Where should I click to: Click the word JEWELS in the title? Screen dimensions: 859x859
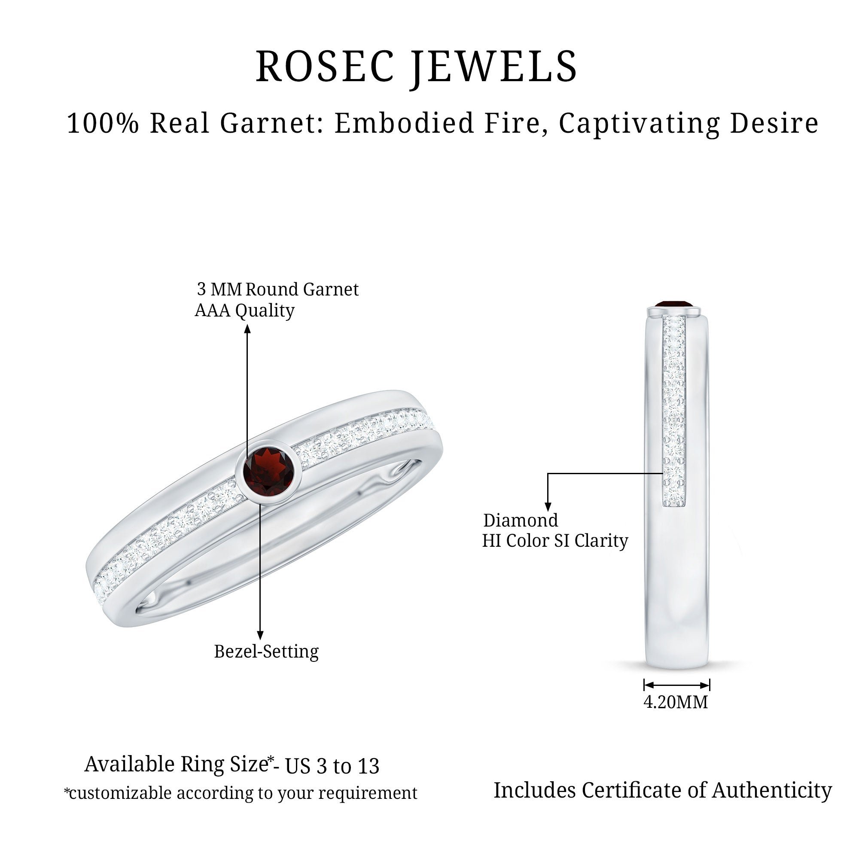click(x=494, y=67)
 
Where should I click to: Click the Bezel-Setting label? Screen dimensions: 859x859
click(x=266, y=652)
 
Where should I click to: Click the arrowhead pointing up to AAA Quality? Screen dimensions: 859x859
click(x=248, y=329)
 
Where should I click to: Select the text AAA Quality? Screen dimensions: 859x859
click(x=244, y=311)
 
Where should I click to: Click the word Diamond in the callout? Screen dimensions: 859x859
click(x=521, y=520)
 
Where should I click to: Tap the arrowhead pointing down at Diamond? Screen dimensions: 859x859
click(x=548, y=506)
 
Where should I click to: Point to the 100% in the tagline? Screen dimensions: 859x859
click(x=103, y=123)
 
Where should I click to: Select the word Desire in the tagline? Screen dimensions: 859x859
click(x=774, y=123)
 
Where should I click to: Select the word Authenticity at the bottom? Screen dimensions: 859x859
click(x=772, y=790)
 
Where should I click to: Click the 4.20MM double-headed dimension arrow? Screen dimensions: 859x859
click(x=676, y=685)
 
